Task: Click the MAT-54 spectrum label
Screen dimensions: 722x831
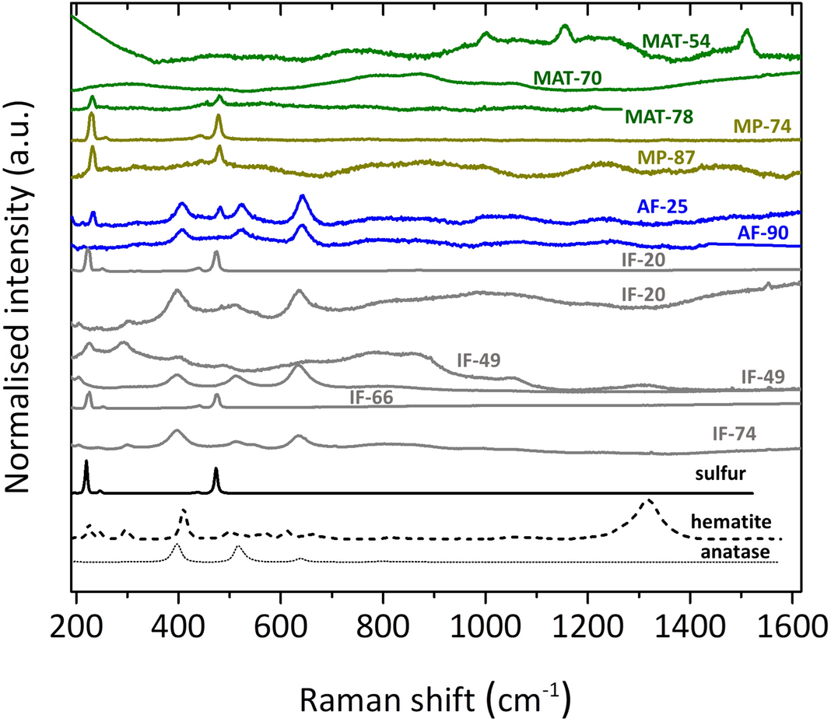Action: coord(675,41)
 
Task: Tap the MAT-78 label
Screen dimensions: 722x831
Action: coord(658,117)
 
